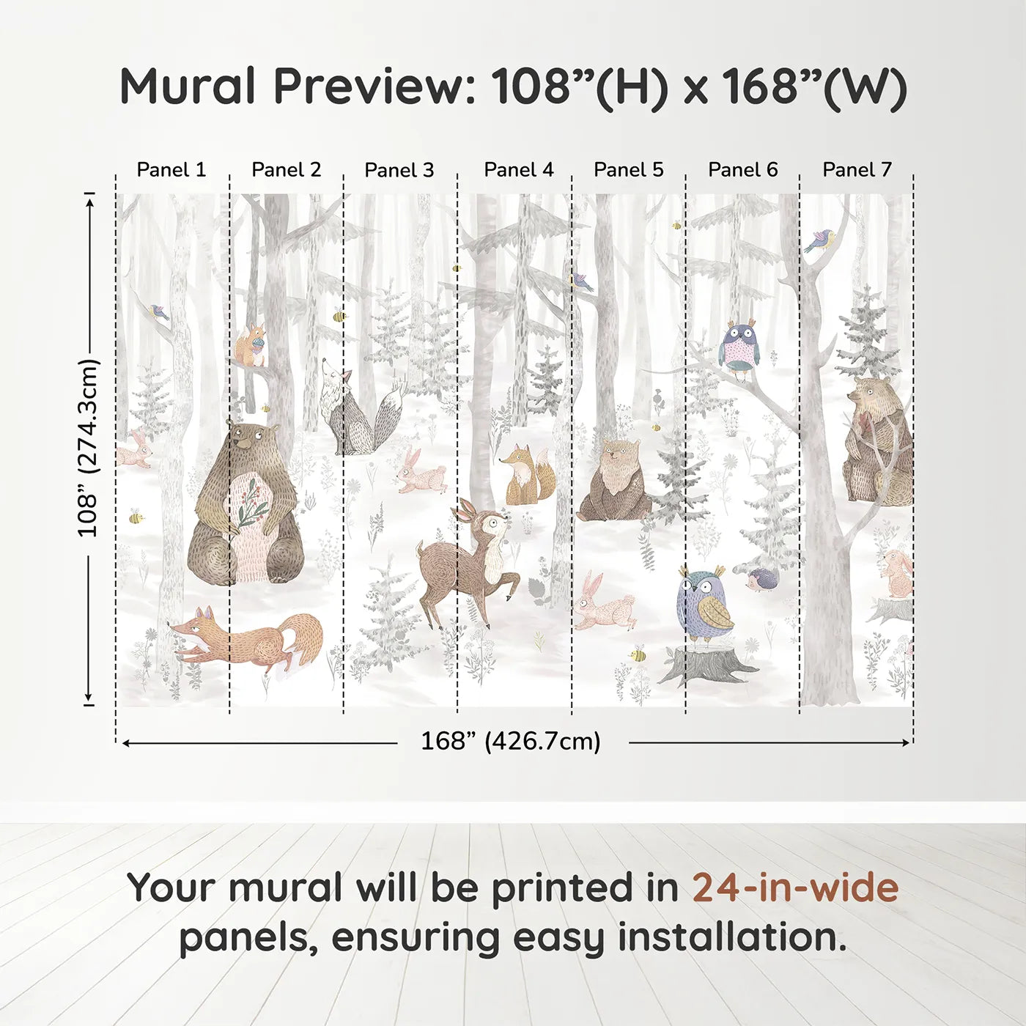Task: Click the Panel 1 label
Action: tap(171, 170)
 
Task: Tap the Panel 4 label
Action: tap(518, 170)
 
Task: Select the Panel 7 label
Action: tap(857, 170)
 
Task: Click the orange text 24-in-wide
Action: tap(795, 888)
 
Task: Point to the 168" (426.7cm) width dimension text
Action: tap(510, 741)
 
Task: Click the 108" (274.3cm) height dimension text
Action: tap(88, 448)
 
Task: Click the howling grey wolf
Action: tap(359, 414)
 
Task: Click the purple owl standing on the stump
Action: tap(704, 605)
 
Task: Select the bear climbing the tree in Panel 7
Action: tap(876, 443)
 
